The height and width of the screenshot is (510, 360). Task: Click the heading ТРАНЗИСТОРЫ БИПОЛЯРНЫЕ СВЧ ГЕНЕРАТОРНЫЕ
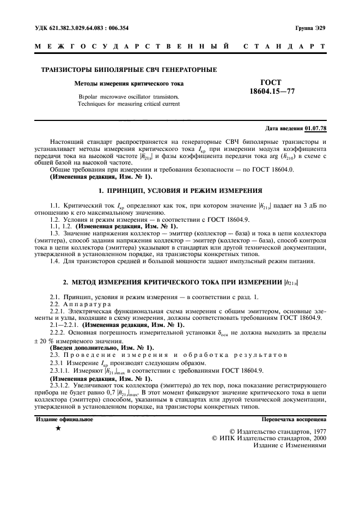pyautogui.click(x=129, y=70)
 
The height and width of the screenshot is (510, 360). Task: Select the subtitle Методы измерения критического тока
pyautogui.click(x=129, y=83)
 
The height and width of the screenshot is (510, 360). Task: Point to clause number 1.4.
pyautogui.click(x=54, y=261)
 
